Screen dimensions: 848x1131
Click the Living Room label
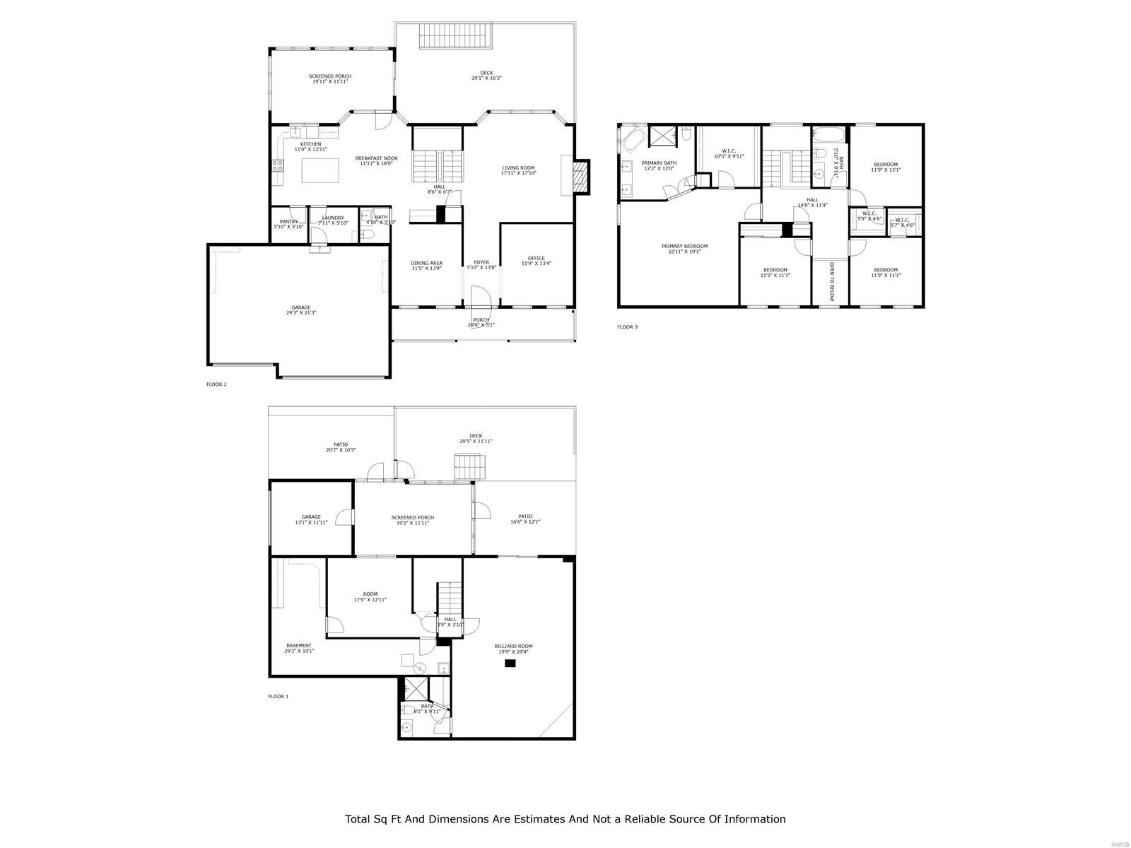[518, 168]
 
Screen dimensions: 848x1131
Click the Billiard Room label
[514, 646]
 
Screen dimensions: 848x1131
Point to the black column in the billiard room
[510, 663]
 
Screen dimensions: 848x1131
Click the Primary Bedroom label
[684, 247]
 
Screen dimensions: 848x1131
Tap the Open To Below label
[831, 281]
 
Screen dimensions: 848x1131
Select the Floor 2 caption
[216, 384]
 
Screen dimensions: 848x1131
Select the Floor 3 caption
[627, 327]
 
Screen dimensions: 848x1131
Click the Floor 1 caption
[278, 697]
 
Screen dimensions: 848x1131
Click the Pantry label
[288, 221]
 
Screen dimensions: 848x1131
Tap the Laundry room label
[333, 218]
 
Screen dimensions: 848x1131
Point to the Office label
[537, 258]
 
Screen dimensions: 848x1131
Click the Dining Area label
[426, 263]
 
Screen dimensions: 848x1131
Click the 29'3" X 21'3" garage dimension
[301, 312]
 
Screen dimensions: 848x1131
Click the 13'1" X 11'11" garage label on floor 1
[311, 522]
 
